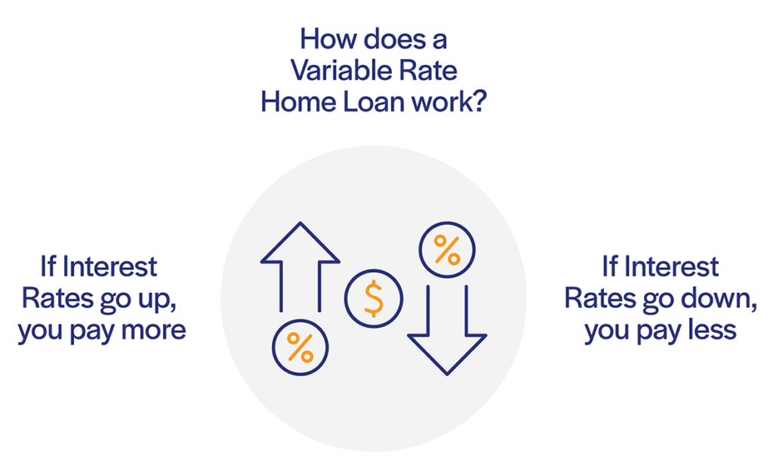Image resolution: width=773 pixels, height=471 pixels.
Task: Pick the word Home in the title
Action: [297, 102]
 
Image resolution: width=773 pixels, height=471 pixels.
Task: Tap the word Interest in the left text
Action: [109, 267]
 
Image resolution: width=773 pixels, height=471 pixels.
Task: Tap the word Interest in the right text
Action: [671, 267]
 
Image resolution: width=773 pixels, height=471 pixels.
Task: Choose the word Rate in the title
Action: [428, 70]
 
